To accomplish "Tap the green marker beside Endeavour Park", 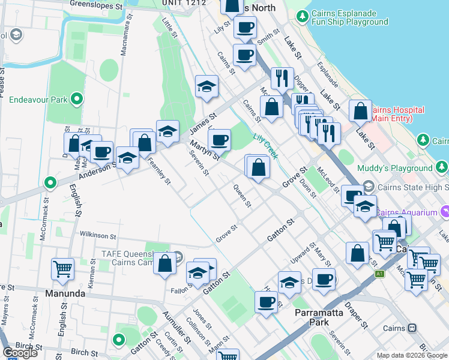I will [x=77, y=99].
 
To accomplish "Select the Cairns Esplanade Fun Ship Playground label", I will [x=350, y=17].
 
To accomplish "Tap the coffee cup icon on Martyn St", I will [x=219, y=140].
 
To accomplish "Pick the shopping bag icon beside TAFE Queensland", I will [x=164, y=263].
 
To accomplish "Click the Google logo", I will [x=20, y=353].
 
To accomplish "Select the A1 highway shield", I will [x=379, y=274].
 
